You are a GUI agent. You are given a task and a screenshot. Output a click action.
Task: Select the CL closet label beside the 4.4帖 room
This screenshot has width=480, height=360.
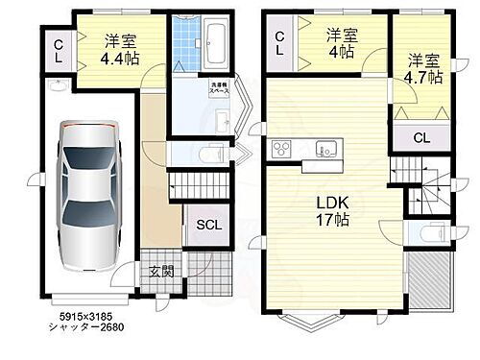pos(58,50)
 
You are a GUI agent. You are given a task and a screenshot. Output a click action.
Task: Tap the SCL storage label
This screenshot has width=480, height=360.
pos(208,227)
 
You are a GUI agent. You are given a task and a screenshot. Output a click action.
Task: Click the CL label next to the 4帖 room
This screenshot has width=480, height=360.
pos(280,44)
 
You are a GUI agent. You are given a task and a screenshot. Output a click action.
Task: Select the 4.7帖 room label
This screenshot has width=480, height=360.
pos(420,68)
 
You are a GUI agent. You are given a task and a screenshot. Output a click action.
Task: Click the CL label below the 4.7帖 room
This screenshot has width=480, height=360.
pos(421,137)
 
